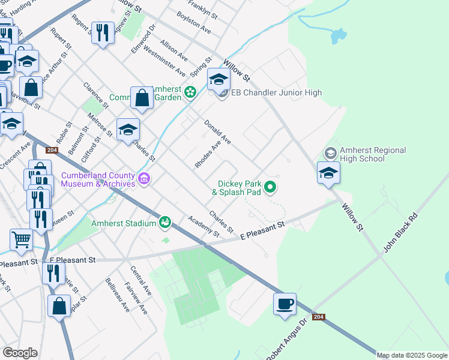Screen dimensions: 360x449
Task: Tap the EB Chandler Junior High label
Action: (276, 92)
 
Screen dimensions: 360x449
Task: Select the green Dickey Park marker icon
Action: (270, 188)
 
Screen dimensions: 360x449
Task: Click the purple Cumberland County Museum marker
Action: (143, 178)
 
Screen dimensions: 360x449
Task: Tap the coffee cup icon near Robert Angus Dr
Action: (285, 304)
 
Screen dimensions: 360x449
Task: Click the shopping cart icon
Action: (21, 240)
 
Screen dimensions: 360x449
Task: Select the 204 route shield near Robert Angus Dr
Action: (319, 316)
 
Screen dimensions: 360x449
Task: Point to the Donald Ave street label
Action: (217, 132)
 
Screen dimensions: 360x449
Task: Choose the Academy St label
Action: (203, 226)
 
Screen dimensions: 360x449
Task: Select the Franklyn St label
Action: (202, 7)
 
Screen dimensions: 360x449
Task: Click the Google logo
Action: (20, 352)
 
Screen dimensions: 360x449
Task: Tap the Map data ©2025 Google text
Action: (412, 355)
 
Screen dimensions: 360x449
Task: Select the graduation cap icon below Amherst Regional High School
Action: (328, 173)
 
